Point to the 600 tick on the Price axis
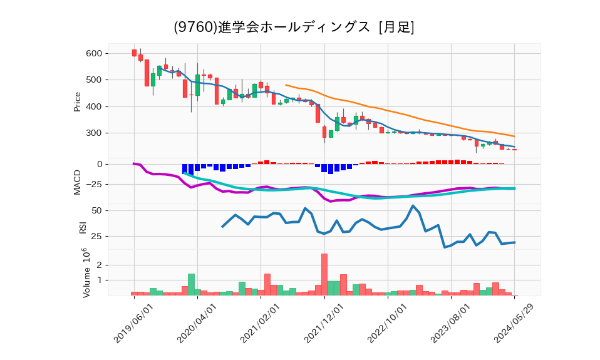tap(94, 53)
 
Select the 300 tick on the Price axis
tap(94, 133)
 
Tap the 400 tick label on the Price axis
tap(94, 106)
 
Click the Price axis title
tap(78, 101)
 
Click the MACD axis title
tap(78, 182)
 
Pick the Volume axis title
tap(82, 272)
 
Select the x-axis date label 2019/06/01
tap(134, 323)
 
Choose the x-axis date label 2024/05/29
tap(515, 323)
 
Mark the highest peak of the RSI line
tap(413, 205)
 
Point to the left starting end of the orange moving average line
tap(286, 85)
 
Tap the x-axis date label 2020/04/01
tap(197, 323)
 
